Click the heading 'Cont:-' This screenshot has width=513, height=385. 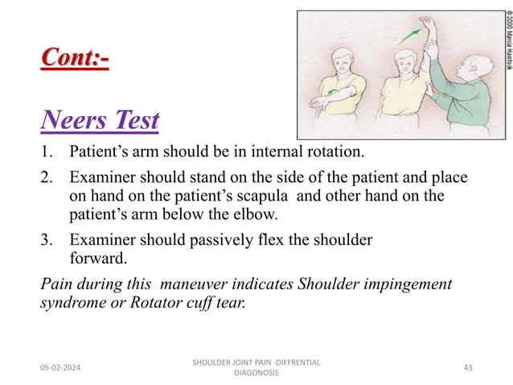click(75, 59)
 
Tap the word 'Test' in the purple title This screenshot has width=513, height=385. click(133, 122)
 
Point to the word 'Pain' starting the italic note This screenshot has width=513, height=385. click(54, 284)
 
